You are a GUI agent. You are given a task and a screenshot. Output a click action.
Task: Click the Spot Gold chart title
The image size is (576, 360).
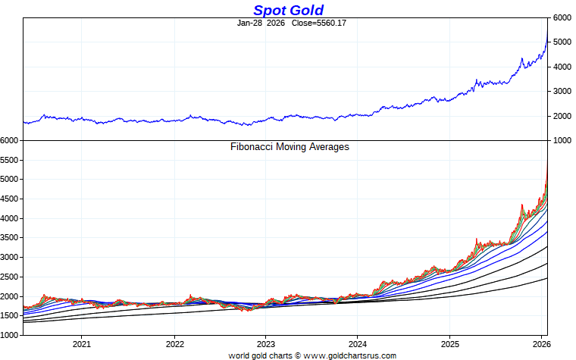click(x=288, y=10)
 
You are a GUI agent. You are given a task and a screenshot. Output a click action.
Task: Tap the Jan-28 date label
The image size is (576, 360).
click(x=249, y=23)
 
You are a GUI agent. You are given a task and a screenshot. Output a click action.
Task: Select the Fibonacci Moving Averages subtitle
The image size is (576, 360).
click(x=289, y=147)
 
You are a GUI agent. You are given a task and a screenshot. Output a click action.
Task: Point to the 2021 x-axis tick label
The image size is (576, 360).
click(x=82, y=343)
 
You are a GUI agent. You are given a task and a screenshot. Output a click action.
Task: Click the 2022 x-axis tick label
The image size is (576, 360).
click(x=174, y=343)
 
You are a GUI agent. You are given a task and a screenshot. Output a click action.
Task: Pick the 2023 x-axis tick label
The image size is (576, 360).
click(x=266, y=343)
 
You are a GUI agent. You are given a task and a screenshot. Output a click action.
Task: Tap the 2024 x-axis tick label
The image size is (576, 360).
click(x=358, y=343)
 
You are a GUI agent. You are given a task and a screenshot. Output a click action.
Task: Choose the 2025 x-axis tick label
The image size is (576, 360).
click(x=449, y=343)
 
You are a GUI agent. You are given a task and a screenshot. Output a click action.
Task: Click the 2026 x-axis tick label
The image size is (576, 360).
click(x=541, y=343)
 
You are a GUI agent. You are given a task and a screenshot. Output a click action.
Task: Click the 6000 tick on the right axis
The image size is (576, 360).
click(x=562, y=17)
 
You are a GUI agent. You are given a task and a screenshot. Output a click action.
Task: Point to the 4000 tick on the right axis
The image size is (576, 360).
click(x=562, y=67)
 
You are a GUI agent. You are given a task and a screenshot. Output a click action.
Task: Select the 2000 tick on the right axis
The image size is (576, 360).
click(x=562, y=116)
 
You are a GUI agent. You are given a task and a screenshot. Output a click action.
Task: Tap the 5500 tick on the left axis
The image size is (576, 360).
click(x=10, y=160)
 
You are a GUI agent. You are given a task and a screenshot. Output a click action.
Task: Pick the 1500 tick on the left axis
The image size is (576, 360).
click(x=10, y=316)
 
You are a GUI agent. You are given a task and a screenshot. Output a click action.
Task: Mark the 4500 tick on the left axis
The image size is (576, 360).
click(x=10, y=199)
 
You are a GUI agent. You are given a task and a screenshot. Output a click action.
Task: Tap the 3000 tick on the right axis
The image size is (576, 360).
click(x=562, y=92)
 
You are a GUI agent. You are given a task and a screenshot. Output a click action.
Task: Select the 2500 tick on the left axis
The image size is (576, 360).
click(x=10, y=277)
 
